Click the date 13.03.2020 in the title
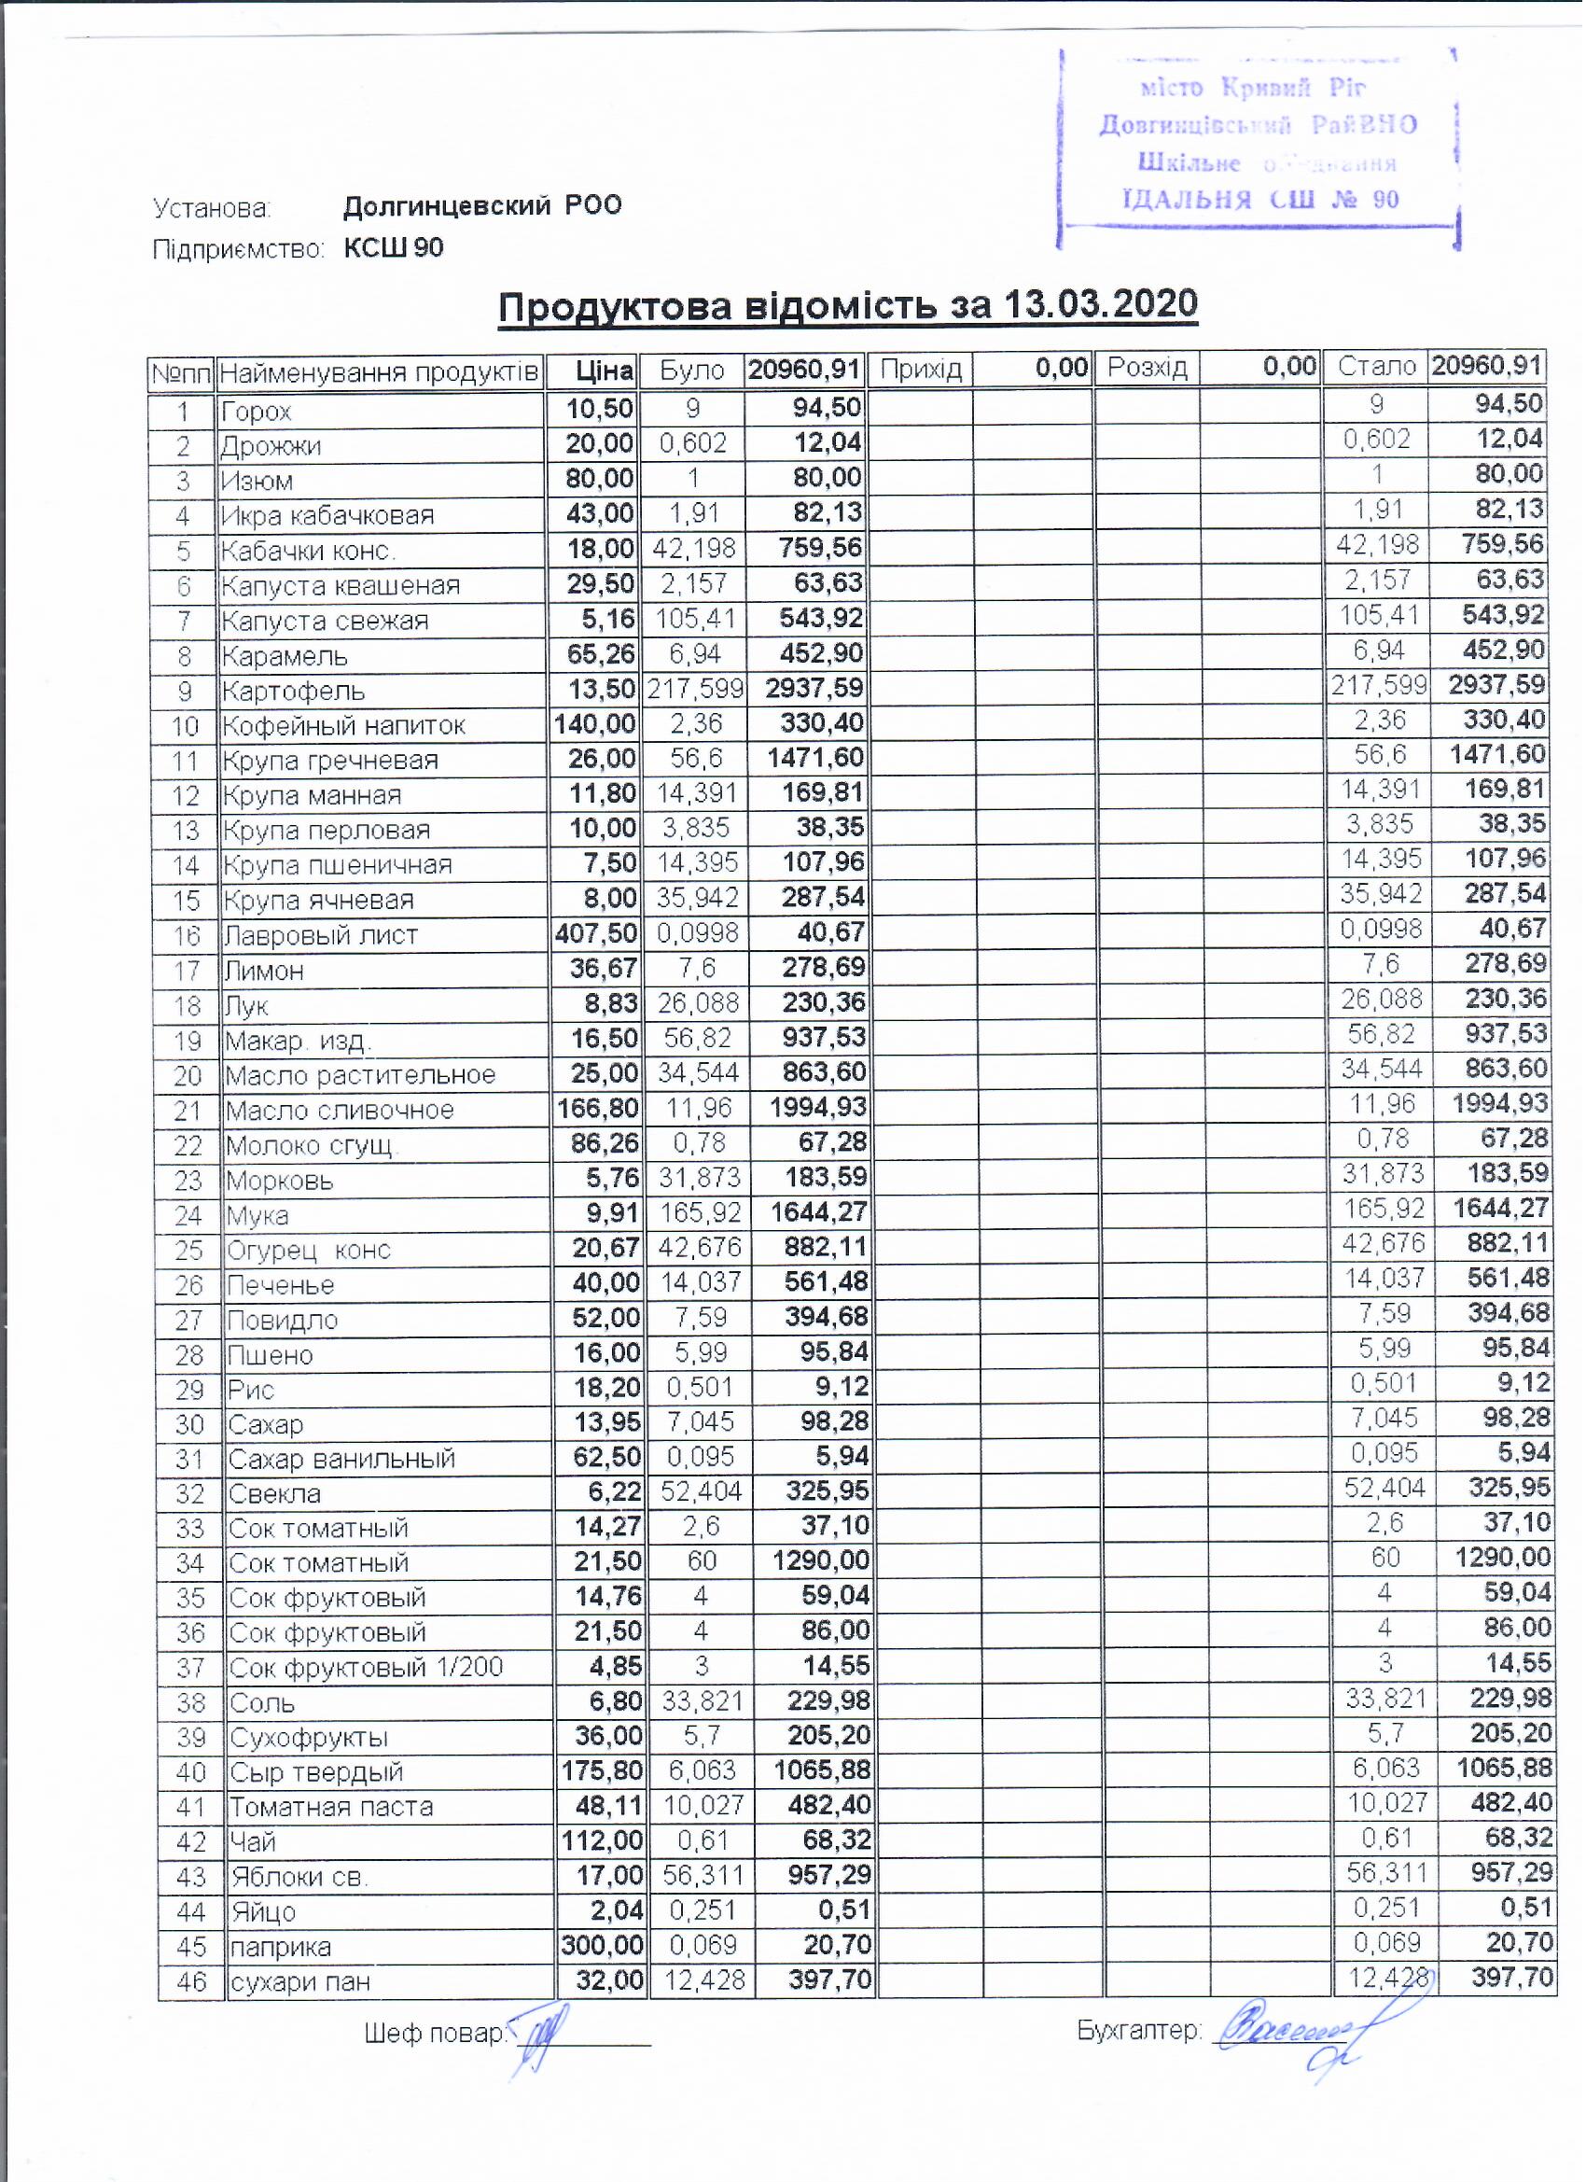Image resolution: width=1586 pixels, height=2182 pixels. tap(1101, 305)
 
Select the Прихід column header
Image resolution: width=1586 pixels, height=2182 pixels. tap(921, 369)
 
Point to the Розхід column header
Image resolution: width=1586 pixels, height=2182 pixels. tap(1148, 368)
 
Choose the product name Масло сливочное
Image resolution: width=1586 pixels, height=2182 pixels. tap(340, 1111)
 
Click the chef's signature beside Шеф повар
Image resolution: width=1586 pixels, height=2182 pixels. tap(541, 2037)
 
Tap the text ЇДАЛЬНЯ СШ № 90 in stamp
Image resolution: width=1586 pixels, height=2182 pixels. tap(1260, 200)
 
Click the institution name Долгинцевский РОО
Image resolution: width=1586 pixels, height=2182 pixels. tap(483, 206)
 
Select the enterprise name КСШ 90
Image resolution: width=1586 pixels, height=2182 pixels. tap(395, 249)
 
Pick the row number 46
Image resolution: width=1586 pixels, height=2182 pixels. tap(191, 1982)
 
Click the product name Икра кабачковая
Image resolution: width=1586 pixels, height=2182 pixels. tap(327, 517)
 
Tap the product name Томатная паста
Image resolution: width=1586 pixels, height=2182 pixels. tap(331, 1807)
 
